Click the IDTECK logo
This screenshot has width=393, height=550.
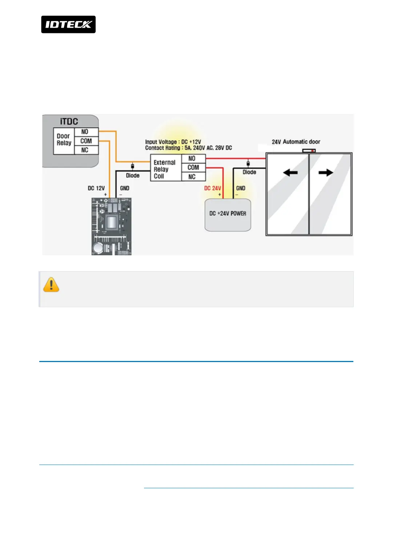click(x=68, y=24)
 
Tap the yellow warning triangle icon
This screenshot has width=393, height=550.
click(x=51, y=285)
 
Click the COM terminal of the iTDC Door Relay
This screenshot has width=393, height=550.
click(x=86, y=141)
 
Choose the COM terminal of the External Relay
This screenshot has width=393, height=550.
click(x=193, y=168)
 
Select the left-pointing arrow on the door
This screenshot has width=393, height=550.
click(x=290, y=173)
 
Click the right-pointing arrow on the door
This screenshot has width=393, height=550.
click(x=326, y=173)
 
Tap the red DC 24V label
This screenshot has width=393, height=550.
click(x=212, y=188)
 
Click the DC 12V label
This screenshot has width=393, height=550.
click(x=96, y=188)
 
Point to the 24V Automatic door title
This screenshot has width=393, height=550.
click(x=296, y=142)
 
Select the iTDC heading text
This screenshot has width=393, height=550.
click(x=69, y=121)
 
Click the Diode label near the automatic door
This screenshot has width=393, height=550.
click(x=249, y=172)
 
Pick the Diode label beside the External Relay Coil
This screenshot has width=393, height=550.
click(x=133, y=176)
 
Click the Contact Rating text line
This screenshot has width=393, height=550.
click(x=188, y=148)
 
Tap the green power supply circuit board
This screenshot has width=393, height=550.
click(x=111, y=226)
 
